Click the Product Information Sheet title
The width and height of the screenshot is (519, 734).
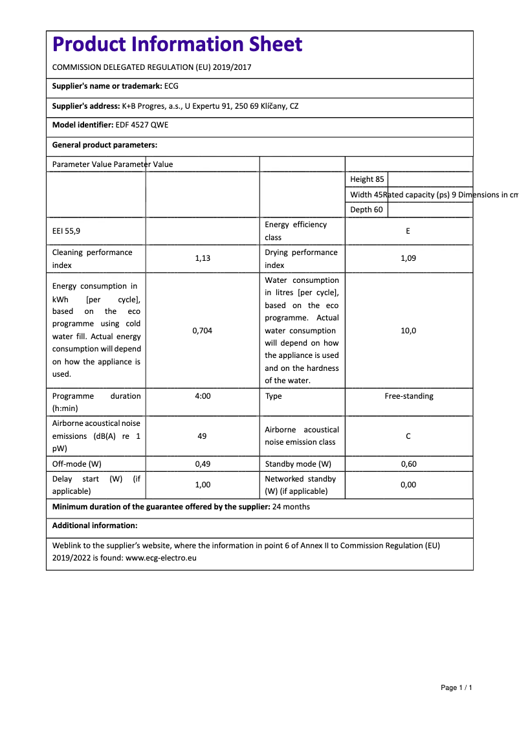(x=177, y=44)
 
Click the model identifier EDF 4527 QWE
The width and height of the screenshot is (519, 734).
(x=142, y=125)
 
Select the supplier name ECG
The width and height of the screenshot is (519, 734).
(x=171, y=86)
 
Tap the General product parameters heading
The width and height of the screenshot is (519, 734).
(x=105, y=145)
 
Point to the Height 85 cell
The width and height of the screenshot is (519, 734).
(x=367, y=179)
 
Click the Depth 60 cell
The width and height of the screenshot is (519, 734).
(x=366, y=210)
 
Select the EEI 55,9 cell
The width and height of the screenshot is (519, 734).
(x=67, y=231)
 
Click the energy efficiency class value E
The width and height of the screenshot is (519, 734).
(x=408, y=231)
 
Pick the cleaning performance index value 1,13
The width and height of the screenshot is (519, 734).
(x=203, y=258)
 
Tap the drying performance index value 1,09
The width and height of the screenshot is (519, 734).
(x=408, y=258)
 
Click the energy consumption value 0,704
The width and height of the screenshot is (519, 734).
(x=203, y=331)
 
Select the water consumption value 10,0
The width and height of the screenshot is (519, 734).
(x=408, y=331)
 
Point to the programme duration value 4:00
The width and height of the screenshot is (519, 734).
(x=203, y=396)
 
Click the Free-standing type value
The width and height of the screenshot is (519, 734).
(x=409, y=396)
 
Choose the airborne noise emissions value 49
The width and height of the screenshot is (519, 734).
(x=202, y=436)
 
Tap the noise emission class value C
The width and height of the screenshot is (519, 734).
(x=408, y=436)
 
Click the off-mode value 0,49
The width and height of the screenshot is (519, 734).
(x=203, y=464)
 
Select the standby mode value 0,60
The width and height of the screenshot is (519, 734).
(x=408, y=464)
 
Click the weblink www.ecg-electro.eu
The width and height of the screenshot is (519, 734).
(x=160, y=557)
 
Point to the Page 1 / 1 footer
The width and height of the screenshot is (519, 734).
(x=456, y=687)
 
